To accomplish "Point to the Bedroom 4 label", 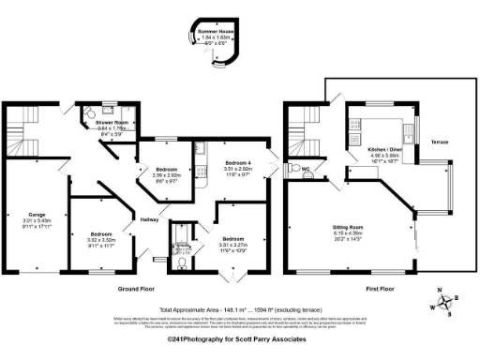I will point(238,163).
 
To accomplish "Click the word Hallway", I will point(150,219).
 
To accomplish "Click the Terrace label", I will point(439,142).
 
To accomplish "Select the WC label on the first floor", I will point(306,170).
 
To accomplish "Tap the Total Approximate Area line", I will point(241,308).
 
